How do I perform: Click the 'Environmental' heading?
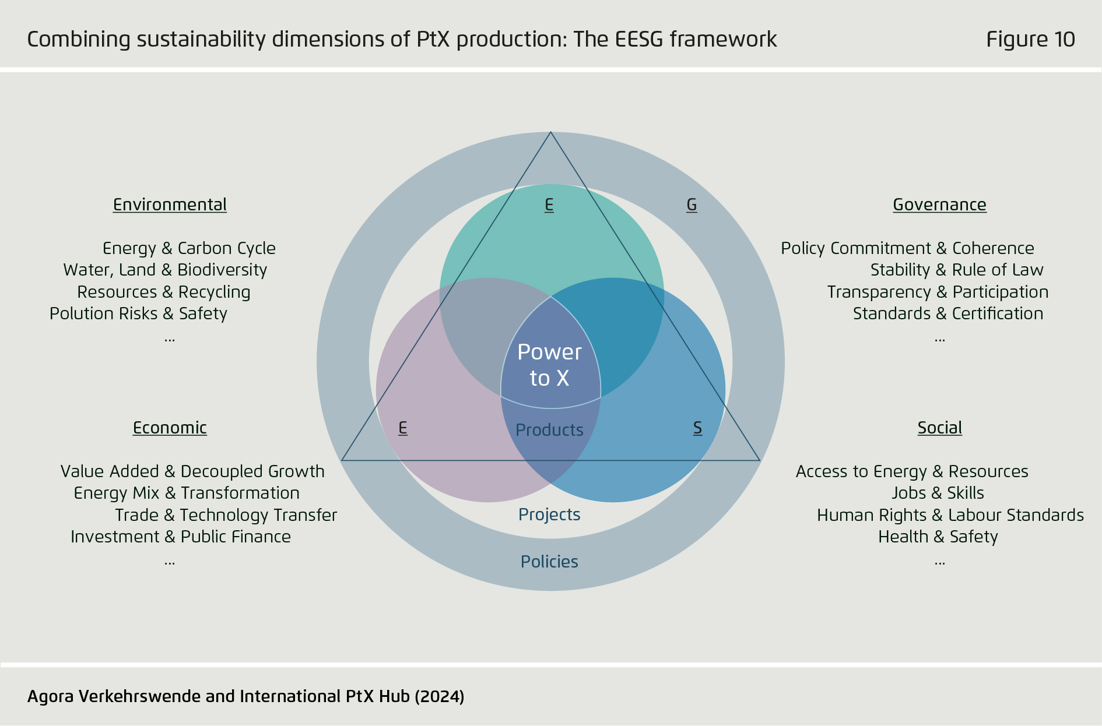click(170, 205)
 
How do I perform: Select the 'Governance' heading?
click(939, 205)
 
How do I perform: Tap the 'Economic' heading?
click(170, 428)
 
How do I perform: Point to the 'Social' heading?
click(939, 428)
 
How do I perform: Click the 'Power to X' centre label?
click(549, 365)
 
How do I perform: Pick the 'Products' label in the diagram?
click(549, 430)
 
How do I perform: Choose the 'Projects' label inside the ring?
click(549, 514)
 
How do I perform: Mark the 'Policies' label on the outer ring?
click(549, 562)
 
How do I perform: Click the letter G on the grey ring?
click(692, 205)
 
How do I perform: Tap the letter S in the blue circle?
click(697, 428)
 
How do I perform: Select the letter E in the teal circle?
click(549, 205)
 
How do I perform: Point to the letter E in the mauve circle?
click(403, 428)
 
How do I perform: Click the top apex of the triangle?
click(550, 133)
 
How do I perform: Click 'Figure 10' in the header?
click(1030, 40)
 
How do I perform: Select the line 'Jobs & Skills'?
click(938, 493)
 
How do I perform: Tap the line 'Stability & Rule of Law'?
click(957, 270)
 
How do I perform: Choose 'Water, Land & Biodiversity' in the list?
click(165, 270)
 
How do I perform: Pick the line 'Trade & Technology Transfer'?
click(226, 515)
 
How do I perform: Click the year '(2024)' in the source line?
click(439, 696)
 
